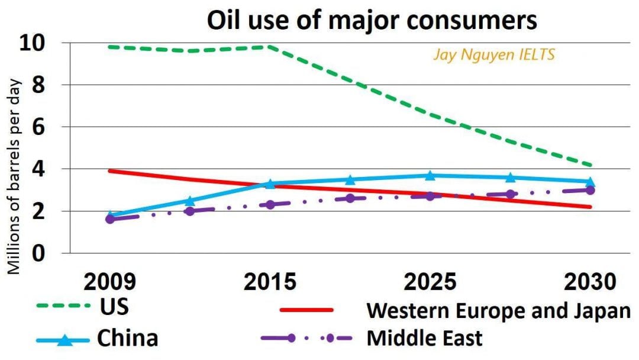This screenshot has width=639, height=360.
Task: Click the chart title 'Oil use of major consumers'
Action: (372, 20)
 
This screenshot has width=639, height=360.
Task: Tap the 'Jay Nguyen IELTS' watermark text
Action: (493, 56)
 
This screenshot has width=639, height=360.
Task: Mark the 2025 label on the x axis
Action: (430, 281)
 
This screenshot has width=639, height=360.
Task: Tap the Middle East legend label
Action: (424, 338)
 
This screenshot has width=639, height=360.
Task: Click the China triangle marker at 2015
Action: (270, 184)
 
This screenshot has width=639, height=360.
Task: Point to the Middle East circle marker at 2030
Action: (590, 190)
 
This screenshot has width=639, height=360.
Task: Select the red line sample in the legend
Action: (306, 309)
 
